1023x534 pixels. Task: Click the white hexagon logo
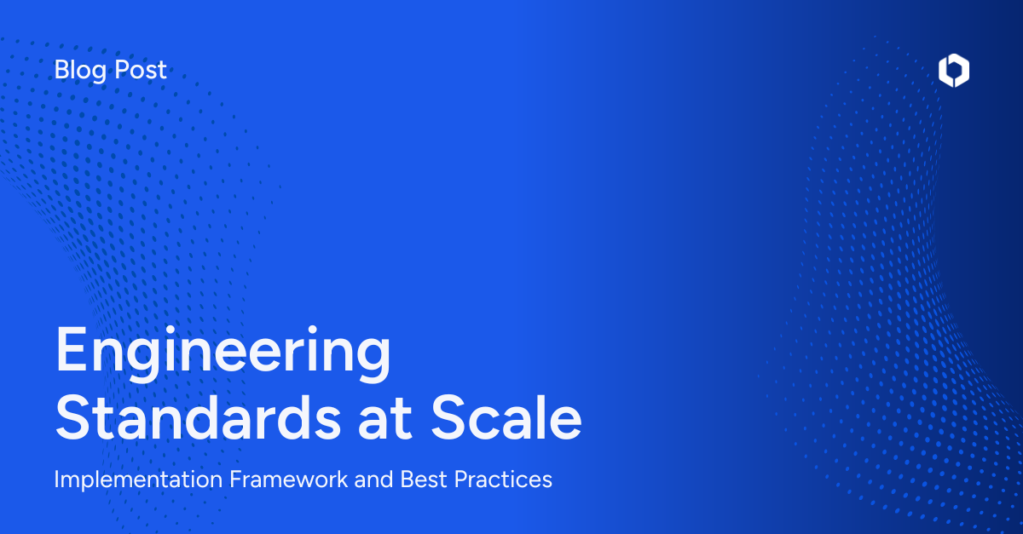pyautogui.click(x=954, y=72)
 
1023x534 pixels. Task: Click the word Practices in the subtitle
pyautogui.click(x=503, y=479)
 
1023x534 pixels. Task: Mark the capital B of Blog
pyautogui.click(x=61, y=70)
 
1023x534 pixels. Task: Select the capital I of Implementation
pyautogui.click(x=57, y=479)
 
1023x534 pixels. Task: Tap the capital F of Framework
pyautogui.click(x=235, y=479)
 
